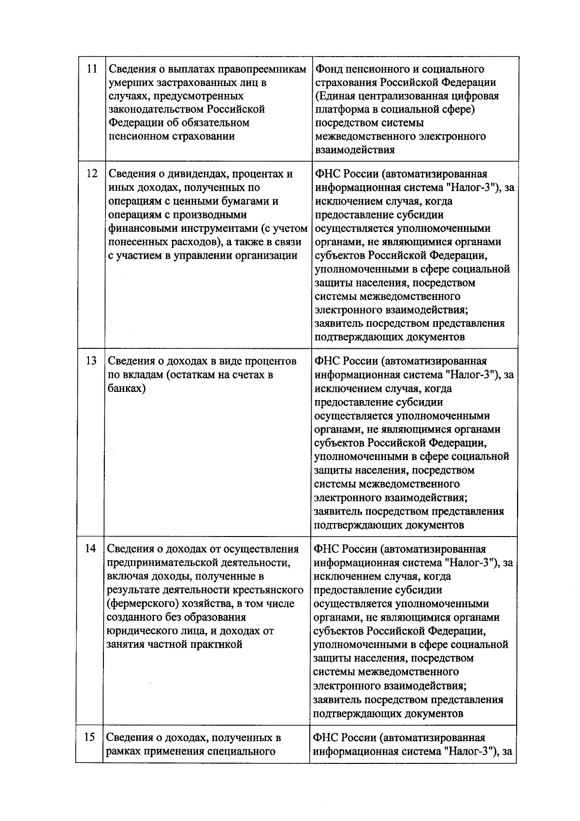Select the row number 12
[x=91, y=174]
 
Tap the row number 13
[x=91, y=361]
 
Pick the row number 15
[x=89, y=737]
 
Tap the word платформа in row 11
[x=341, y=109]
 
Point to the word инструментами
[x=217, y=228]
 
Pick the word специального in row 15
[x=242, y=751]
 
